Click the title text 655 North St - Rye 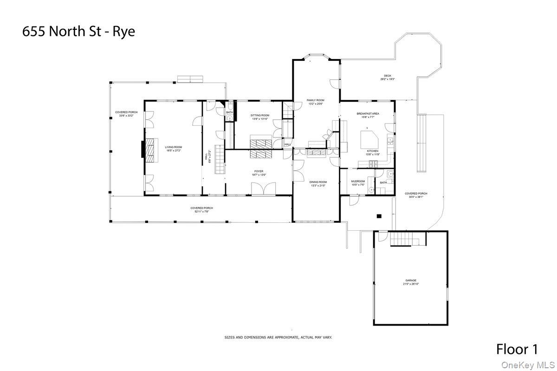[x=79, y=32]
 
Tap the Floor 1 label [x=517, y=349]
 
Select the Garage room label [x=410, y=281]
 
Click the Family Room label [x=315, y=102]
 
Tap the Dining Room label [x=318, y=183]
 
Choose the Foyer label [x=259, y=173]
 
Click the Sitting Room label [x=260, y=117]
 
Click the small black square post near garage [x=379, y=215]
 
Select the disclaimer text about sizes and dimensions [x=278, y=338]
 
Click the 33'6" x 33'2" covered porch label [x=126, y=114]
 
